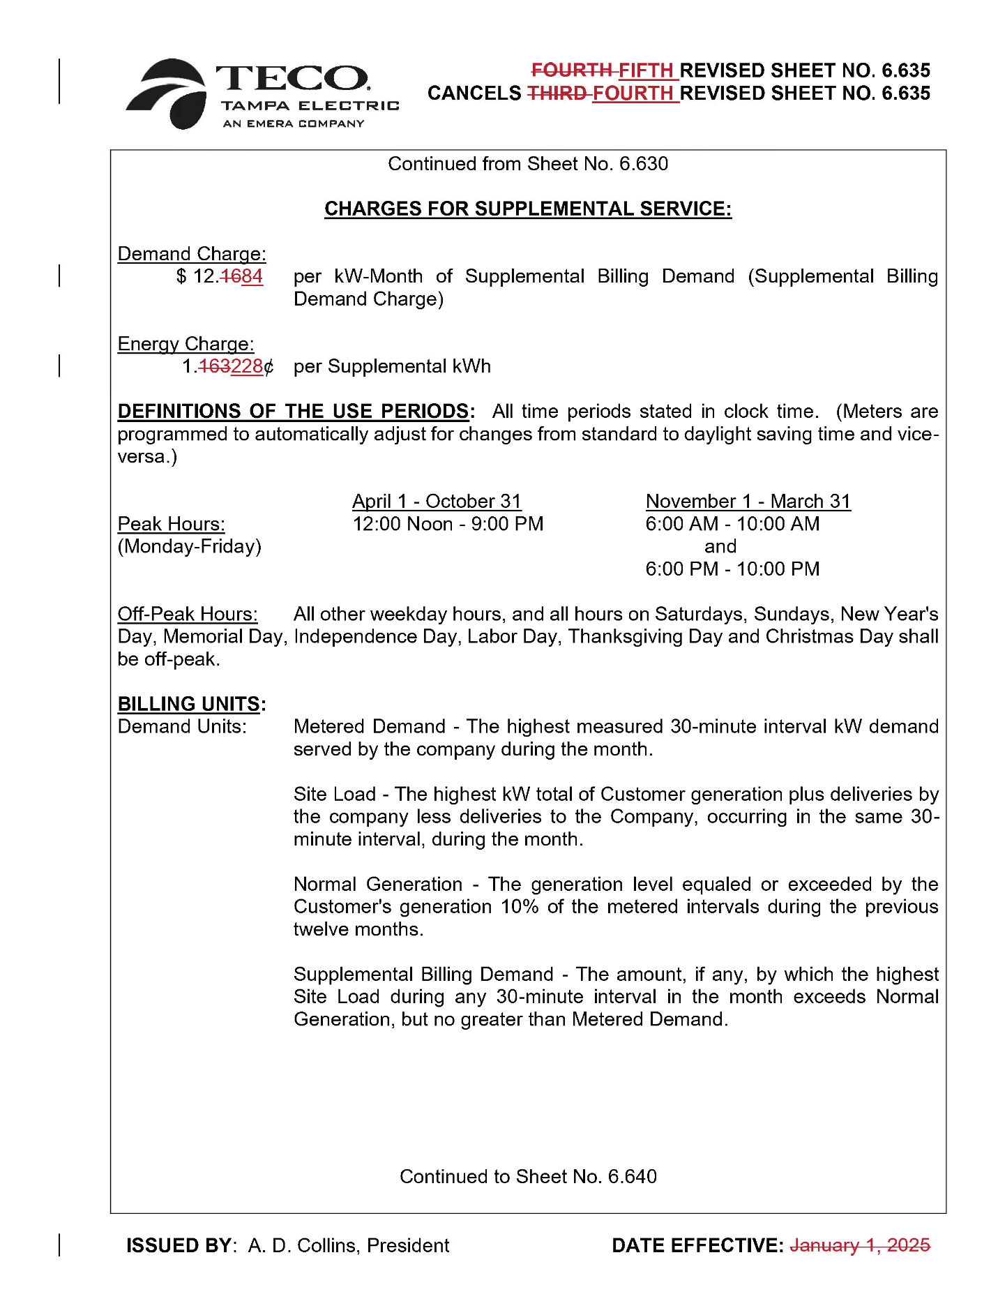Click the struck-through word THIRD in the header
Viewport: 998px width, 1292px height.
[556, 93]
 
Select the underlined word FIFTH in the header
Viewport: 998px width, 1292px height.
[646, 70]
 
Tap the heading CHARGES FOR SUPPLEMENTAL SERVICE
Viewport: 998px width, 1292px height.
[527, 209]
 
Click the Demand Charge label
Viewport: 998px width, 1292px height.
[192, 254]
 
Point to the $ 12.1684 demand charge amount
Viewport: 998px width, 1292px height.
[220, 277]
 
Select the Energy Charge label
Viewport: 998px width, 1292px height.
[186, 344]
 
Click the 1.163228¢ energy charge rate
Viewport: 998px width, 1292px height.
[228, 367]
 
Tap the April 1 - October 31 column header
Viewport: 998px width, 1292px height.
[437, 502]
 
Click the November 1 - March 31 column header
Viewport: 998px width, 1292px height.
[748, 502]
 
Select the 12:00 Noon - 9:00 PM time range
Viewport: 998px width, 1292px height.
[448, 524]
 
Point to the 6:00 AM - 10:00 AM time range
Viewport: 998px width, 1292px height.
[732, 524]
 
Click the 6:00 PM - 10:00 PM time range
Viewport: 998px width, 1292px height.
[732, 569]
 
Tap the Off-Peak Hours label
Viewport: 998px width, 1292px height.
[188, 614]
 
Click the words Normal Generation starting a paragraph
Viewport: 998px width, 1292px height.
[377, 885]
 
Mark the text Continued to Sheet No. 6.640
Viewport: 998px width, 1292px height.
[528, 1177]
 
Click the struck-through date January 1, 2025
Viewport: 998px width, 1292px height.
[860, 1245]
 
